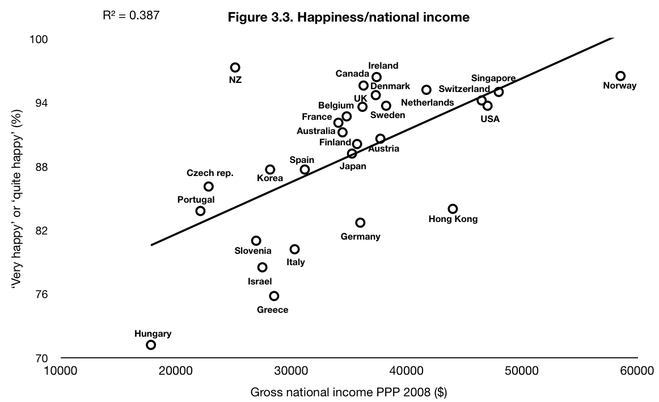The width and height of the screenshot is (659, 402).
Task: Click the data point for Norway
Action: (620, 76)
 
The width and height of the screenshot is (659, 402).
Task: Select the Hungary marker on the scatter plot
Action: (151, 345)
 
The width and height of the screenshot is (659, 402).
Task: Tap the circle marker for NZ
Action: (235, 68)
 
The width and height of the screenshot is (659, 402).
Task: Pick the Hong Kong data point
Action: (453, 209)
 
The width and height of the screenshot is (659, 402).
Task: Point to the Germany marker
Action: (360, 223)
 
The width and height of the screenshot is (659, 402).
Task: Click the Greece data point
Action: (274, 296)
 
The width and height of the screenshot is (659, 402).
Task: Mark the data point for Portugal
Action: (200, 211)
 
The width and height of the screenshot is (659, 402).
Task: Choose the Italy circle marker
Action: (294, 249)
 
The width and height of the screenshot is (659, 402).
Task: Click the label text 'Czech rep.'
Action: (210, 173)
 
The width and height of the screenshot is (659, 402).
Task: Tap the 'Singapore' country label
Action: (493, 78)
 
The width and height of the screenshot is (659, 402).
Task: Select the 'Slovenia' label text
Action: (253, 251)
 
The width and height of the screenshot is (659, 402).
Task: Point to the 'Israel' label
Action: (260, 281)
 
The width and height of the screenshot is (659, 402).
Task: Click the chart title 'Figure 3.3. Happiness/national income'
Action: (348, 18)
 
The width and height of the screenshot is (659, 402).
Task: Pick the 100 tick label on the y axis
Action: (39, 39)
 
